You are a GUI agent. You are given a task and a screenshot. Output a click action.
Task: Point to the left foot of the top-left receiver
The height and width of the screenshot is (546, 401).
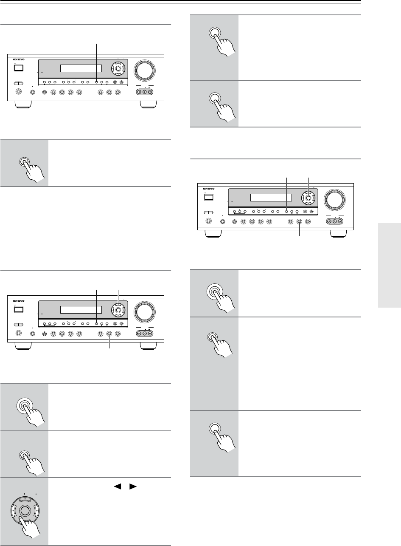point(23,104)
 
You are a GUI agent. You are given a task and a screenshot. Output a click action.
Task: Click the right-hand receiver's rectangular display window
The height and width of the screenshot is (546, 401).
point(271,198)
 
